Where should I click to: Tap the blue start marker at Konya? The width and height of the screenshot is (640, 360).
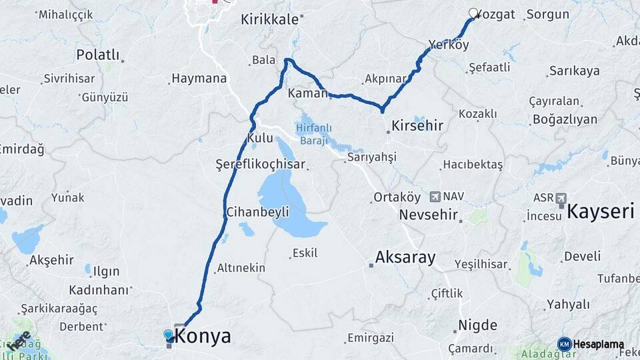click(168, 334)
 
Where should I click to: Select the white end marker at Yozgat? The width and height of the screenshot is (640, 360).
click(474, 13)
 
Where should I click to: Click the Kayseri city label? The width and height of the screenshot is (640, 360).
click(600, 212)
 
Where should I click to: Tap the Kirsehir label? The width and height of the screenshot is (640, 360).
click(417, 125)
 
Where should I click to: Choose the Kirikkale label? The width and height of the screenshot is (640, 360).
click(269, 19)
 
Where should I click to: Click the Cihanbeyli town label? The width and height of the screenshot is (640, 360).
click(257, 212)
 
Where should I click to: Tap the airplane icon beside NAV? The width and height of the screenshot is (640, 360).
click(435, 197)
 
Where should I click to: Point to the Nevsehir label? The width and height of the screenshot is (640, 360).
click(428, 215)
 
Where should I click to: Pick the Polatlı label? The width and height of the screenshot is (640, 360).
click(97, 55)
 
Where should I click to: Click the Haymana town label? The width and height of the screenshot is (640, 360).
click(199, 78)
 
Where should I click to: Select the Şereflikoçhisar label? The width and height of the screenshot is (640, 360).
click(261, 164)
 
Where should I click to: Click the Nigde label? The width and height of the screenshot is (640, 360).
click(477, 325)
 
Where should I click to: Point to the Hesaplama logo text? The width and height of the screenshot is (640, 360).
click(598, 344)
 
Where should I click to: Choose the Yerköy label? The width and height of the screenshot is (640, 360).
click(449, 45)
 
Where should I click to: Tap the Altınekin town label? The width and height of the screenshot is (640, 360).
click(241, 268)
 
